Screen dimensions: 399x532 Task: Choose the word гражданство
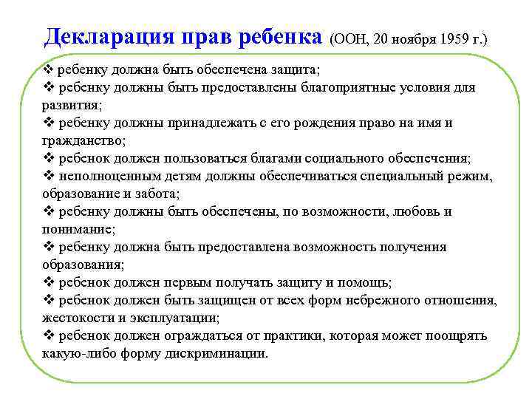(x=83, y=140)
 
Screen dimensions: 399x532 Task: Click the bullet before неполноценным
(x=48, y=176)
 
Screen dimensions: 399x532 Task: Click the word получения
(x=415, y=247)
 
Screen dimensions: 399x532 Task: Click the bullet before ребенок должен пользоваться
(x=48, y=158)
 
